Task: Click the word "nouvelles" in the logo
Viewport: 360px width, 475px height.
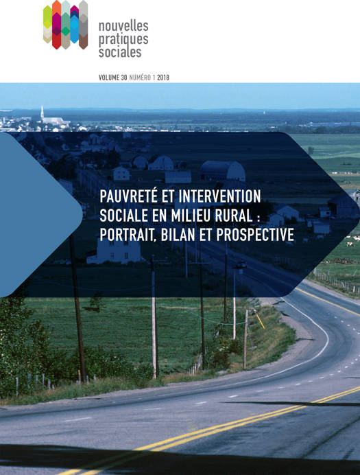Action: [x=123, y=26]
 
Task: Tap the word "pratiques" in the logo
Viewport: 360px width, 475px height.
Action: [x=123, y=40]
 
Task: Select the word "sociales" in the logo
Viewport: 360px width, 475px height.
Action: [x=120, y=51]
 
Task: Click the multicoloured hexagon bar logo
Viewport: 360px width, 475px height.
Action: [x=65, y=25]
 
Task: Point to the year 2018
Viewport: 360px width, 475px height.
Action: [x=163, y=78]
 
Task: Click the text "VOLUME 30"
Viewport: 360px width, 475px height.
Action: [x=113, y=78]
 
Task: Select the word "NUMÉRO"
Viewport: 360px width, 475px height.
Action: [x=140, y=78]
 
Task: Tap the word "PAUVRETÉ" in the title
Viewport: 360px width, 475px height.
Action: [x=129, y=196]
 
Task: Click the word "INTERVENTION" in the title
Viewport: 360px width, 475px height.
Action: [x=219, y=196]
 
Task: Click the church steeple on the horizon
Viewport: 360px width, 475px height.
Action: [x=43, y=113]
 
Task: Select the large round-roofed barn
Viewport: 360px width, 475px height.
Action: [x=222, y=171]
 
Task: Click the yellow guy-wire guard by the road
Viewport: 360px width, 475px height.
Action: [x=260, y=321]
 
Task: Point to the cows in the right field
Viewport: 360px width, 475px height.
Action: [x=352, y=241]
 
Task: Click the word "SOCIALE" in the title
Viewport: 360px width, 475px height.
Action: [x=125, y=216]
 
